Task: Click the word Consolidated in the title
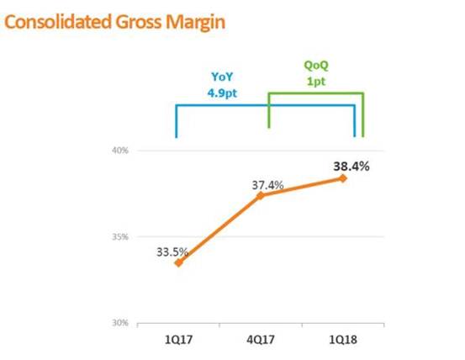58,22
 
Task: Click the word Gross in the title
139,22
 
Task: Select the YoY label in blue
222,77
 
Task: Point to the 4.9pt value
222,93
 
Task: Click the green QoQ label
316,66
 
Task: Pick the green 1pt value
316,82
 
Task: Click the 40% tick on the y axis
120,151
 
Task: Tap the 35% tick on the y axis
120,236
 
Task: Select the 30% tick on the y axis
120,323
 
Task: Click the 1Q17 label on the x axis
178,340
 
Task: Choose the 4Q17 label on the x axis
261,340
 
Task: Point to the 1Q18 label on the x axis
343,340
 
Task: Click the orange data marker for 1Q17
178,262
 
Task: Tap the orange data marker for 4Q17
261,195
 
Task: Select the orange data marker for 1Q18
343,178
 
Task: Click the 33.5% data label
172,252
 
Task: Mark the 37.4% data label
267,185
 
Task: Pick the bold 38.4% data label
351,167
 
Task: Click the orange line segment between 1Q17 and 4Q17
219,229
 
